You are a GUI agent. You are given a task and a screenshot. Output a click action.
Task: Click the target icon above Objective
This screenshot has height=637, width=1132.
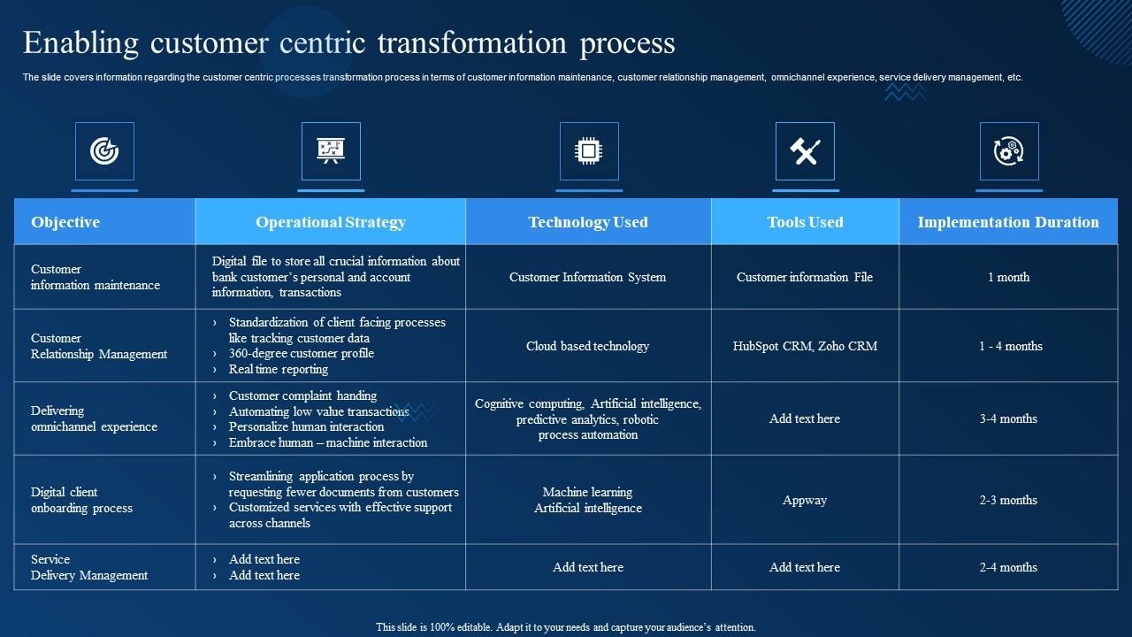(x=104, y=151)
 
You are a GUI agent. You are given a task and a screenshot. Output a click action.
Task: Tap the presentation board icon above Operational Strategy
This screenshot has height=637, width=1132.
(x=331, y=151)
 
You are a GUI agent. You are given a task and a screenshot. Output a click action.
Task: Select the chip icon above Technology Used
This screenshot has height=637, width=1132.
(x=588, y=151)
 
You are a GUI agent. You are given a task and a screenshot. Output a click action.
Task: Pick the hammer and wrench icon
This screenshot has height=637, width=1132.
(x=805, y=151)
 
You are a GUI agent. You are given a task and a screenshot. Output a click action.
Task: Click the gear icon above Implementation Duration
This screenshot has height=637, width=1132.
(x=1008, y=151)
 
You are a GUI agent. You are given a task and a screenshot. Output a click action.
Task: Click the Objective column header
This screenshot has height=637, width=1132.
(x=65, y=222)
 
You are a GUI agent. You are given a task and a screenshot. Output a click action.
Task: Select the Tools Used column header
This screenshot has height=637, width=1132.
(x=805, y=222)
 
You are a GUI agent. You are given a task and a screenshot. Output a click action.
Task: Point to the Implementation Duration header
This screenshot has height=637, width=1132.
(x=1008, y=222)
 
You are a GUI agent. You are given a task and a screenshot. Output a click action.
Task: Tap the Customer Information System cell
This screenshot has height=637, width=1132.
(x=588, y=277)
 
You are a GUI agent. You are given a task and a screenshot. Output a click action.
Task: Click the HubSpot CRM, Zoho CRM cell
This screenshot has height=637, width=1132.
(x=805, y=346)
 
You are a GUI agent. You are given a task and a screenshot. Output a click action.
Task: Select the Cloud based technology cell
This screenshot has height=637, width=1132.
(x=588, y=346)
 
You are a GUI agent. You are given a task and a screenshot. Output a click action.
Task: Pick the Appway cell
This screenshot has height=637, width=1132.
(x=805, y=500)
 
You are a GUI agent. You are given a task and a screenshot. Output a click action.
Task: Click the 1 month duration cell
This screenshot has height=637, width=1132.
(x=1008, y=277)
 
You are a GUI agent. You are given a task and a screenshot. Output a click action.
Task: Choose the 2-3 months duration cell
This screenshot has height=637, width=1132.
(x=1008, y=500)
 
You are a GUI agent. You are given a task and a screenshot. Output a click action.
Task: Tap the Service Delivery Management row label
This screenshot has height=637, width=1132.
(x=89, y=567)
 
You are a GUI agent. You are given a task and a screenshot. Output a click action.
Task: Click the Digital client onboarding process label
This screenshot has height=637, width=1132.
(x=81, y=500)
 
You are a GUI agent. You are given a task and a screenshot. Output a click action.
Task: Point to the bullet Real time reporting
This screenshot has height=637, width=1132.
(x=278, y=369)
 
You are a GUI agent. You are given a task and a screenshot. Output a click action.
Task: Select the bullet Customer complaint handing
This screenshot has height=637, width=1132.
(x=302, y=395)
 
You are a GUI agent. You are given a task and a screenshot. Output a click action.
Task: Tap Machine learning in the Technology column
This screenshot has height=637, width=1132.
(x=588, y=492)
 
